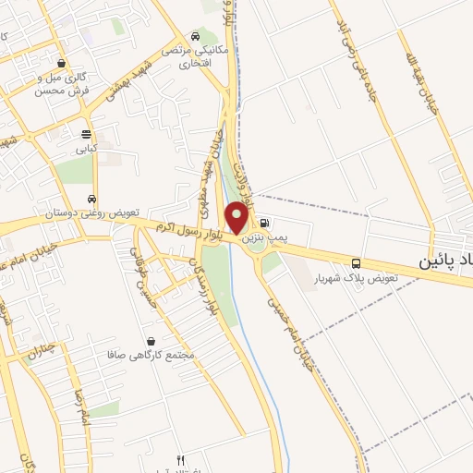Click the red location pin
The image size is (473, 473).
[236, 218]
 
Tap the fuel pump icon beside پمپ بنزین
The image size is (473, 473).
[265, 223]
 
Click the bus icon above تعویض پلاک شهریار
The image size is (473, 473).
[357, 263]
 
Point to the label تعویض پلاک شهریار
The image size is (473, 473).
[356, 277]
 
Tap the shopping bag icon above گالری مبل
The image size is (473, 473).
[61, 64]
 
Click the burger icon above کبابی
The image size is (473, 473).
[86, 133]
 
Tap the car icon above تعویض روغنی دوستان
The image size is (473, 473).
[91, 200]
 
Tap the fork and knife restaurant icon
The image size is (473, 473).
[180, 460]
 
